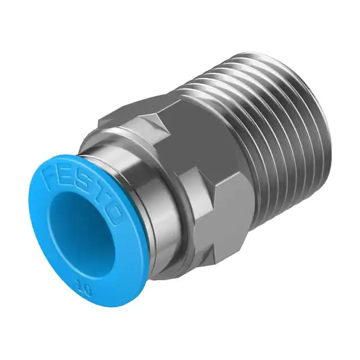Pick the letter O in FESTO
[x=115, y=215]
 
